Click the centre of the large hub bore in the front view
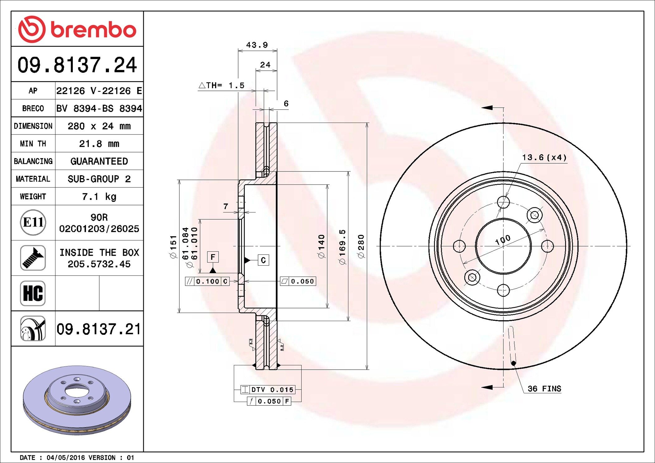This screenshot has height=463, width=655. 503,246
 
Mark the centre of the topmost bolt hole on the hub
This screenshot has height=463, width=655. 503,202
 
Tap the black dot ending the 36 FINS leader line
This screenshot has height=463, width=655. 513,363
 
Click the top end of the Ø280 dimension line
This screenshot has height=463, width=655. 367,123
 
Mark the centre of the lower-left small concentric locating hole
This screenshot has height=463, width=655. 472,277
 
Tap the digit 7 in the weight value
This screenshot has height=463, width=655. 85,196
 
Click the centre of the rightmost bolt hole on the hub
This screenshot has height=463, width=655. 547,246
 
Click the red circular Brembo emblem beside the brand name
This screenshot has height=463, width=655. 32,29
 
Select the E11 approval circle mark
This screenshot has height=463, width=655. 33,222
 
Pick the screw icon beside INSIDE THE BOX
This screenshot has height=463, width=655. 33,258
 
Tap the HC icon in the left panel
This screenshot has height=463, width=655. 33,293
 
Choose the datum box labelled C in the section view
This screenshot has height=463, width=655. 263,260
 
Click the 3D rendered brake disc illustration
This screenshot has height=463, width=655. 77,400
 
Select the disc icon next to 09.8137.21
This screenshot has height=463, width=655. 33,329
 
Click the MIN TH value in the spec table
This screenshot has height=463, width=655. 99,144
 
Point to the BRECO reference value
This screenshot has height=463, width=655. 99,108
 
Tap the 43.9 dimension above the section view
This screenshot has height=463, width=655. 257,45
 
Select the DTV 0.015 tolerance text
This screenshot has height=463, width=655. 272,389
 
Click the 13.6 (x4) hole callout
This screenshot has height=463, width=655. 544,157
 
